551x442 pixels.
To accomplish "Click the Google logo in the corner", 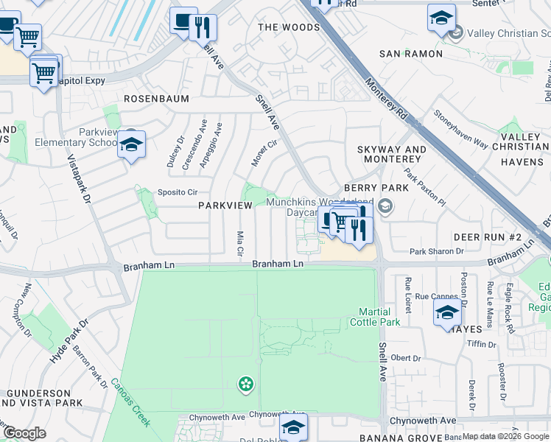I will pos(24,433).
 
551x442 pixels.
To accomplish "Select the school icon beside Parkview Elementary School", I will pos(131,145).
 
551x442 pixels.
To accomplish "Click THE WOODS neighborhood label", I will pos(289,27).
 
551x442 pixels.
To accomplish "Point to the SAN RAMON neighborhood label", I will pos(411,54).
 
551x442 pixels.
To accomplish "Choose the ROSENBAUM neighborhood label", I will pos(156,98).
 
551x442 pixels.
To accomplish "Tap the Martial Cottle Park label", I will pos(379,317).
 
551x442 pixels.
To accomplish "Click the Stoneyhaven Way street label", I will pos(460,132).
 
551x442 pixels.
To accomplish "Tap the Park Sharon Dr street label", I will pos(436,251).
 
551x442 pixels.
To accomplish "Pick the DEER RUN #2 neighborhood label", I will pos(487,236).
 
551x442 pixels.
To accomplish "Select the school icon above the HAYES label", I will pos(447,312).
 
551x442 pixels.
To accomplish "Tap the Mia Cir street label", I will pos(239,244).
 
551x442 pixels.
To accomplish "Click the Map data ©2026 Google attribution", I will pos(506,436).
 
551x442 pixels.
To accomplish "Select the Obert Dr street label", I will pos(405,358).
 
